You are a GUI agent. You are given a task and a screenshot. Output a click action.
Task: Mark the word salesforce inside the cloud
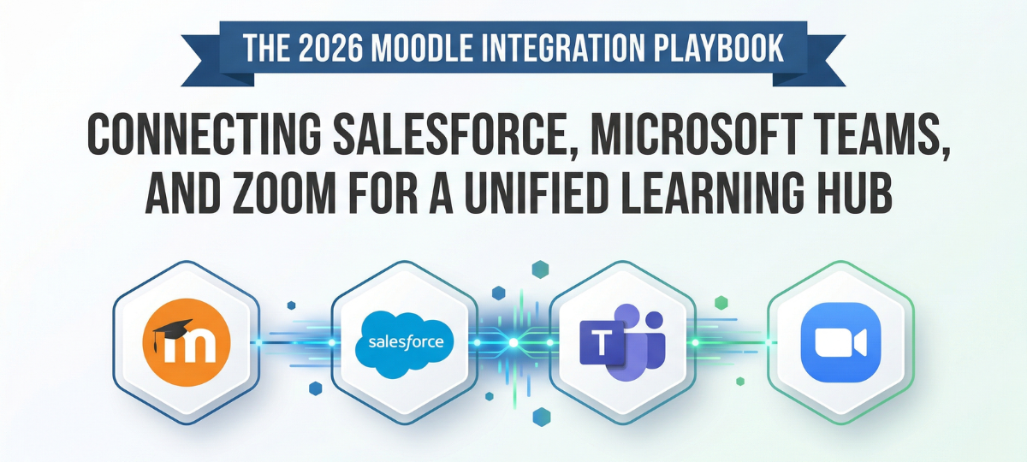tap(405, 342)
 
